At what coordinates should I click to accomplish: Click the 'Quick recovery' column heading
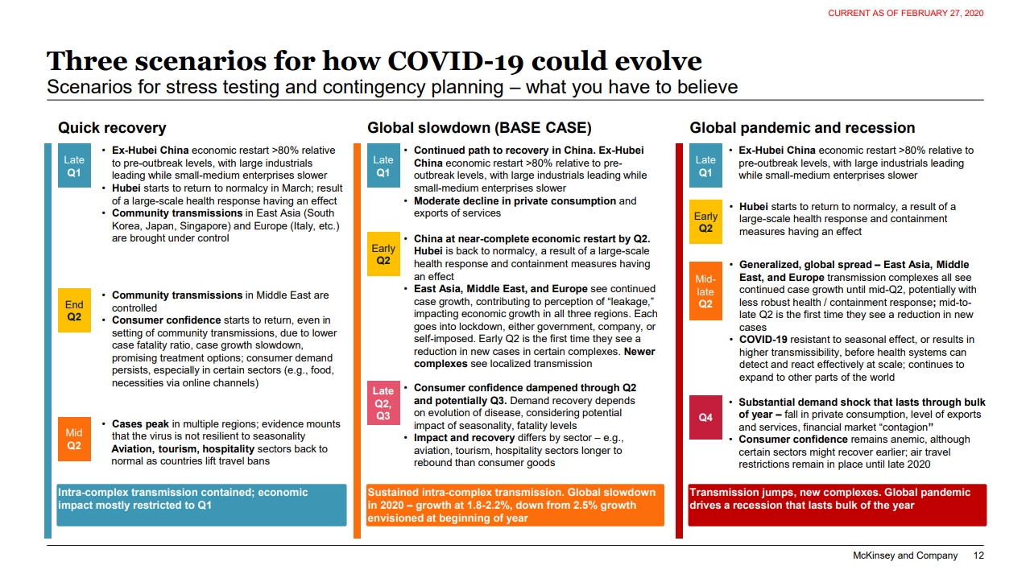[x=112, y=128]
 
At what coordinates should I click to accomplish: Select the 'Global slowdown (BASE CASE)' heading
[x=479, y=128]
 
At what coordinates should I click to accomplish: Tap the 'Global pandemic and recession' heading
[x=802, y=128]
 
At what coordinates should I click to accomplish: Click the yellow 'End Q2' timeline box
[x=74, y=311]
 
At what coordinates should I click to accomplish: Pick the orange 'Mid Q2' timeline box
[x=74, y=439]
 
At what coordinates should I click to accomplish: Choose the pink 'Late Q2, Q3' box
[x=383, y=403]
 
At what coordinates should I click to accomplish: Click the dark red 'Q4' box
[x=705, y=417]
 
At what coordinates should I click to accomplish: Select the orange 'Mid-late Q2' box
[x=705, y=291]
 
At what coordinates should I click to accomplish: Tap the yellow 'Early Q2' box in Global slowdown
[x=383, y=254]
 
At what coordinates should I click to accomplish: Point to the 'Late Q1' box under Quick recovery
[x=74, y=166]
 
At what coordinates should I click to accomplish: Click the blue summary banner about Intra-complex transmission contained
[x=201, y=505]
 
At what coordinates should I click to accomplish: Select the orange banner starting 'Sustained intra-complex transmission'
[x=515, y=505]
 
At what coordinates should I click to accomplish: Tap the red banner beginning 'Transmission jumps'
[x=838, y=505]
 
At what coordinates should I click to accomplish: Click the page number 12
[x=978, y=555]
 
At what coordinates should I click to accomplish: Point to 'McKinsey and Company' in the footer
[x=905, y=555]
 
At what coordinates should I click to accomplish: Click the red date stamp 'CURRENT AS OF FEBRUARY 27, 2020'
[x=906, y=14]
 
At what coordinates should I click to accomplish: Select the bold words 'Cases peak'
[x=140, y=424]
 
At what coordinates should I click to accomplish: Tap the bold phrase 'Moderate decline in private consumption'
[x=515, y=201]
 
